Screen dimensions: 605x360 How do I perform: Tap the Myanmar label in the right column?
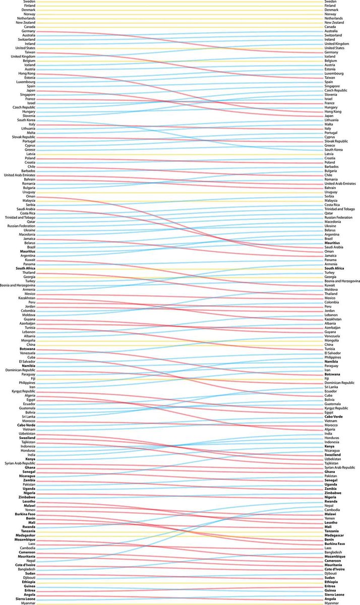click(x=332, y=603)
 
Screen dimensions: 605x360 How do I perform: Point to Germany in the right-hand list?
click(x=331, y=52)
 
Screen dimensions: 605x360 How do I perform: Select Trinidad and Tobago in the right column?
click(x=341, y=209)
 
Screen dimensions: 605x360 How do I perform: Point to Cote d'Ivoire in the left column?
click(x=25, y=565)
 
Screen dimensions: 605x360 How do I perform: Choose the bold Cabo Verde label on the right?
click(x=334, y=416)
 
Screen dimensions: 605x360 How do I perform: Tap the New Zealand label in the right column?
click(x=334, y=23)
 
